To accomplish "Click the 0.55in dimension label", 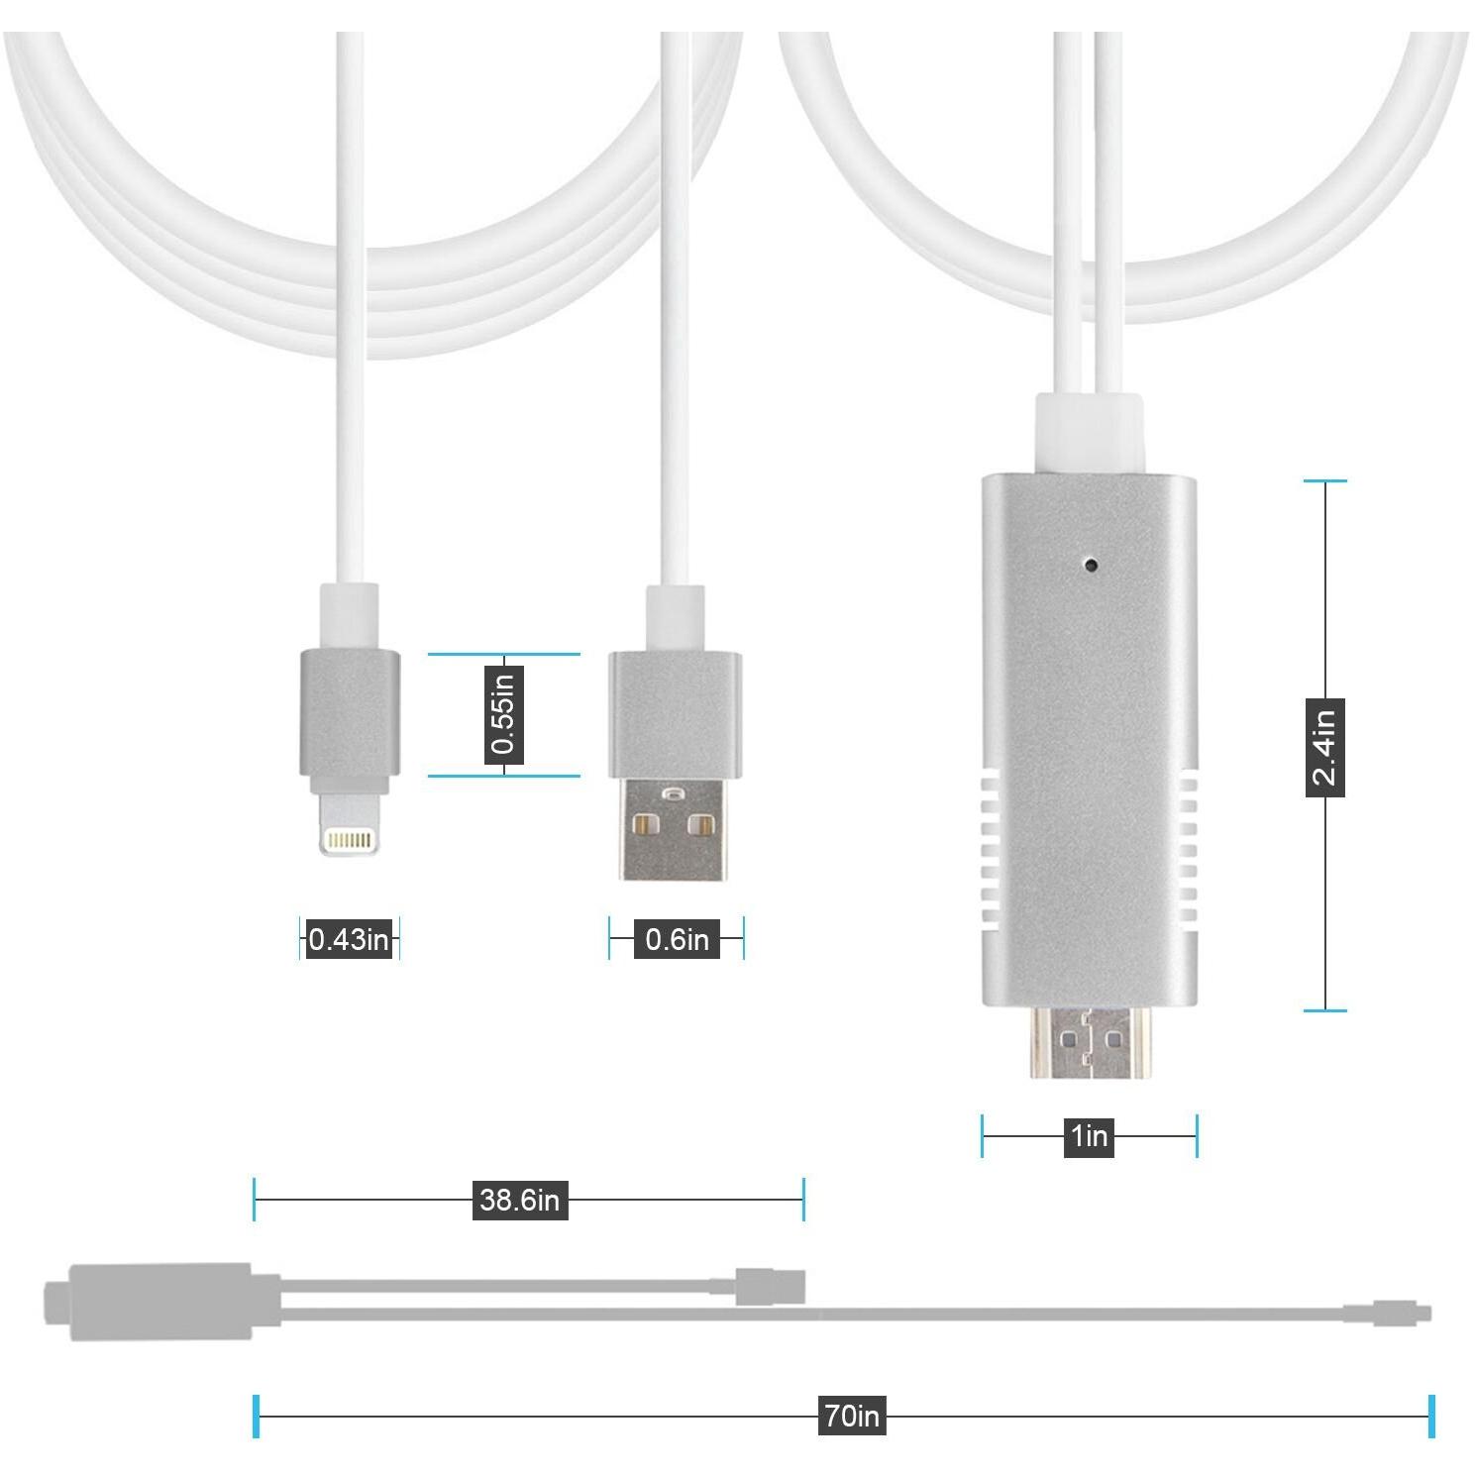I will pyautogui.click(x=503, y=713).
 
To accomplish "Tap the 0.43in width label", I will pyautogui.click(x=349, y=938).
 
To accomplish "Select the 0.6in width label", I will pyautogui.click(x=677, y=938).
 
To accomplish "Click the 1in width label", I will pyautogui.click(x=1089, y=1135).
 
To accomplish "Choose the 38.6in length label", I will pyautogui.click(x=520, y=1200).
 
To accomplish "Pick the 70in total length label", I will pyautogui.click(x=852, y=1416).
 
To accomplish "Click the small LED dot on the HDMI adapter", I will pyautogui.click(x=1092, y=565).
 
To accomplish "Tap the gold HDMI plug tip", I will pyautogui.click(x=1089, y=1042).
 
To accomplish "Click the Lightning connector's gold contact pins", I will pyautogui.click(x=351, y=841).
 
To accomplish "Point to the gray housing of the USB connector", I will pyautogui.click(x=675, y=715).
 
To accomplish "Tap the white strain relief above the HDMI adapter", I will pyautogui.click(x=1089, y=434).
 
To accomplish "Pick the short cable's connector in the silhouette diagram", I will pyautogui.click(x=771, y=1286).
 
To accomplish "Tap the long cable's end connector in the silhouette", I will pyautogui.click(x=1387, y=1314).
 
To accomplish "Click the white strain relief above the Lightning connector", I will pyautogui.click(x=349, y=616).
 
